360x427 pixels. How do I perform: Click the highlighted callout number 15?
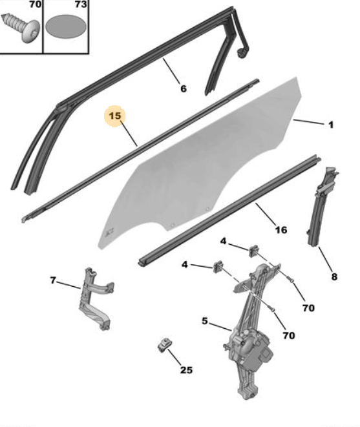click(x=115, y=116)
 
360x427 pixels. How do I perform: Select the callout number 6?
click(x=184, y=89)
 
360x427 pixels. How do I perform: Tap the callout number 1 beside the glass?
click(x=331, y=125)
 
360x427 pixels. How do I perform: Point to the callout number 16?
click(x=281, y=230)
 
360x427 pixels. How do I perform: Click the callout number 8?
click(x=334, y=277)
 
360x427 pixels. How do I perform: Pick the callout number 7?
click(x=53, y=280)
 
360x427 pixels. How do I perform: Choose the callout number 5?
click(x=205, y=321)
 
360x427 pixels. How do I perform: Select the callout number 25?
click(x=186, y=370)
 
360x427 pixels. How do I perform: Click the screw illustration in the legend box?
click(x=21, y=26)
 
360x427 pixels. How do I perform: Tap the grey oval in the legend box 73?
click(x=66, y=26)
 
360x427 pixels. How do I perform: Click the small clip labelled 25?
click(x=165, y=344)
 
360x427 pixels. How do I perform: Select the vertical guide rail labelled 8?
click(x=321, y=207)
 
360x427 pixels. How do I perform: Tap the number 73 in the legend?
click(x=81, y=5)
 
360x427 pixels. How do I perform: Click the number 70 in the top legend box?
click(x=35, y=5)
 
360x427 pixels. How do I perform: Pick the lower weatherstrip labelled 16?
click(x=229, y=211)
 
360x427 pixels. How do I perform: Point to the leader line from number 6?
click(x=171, y=71)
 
